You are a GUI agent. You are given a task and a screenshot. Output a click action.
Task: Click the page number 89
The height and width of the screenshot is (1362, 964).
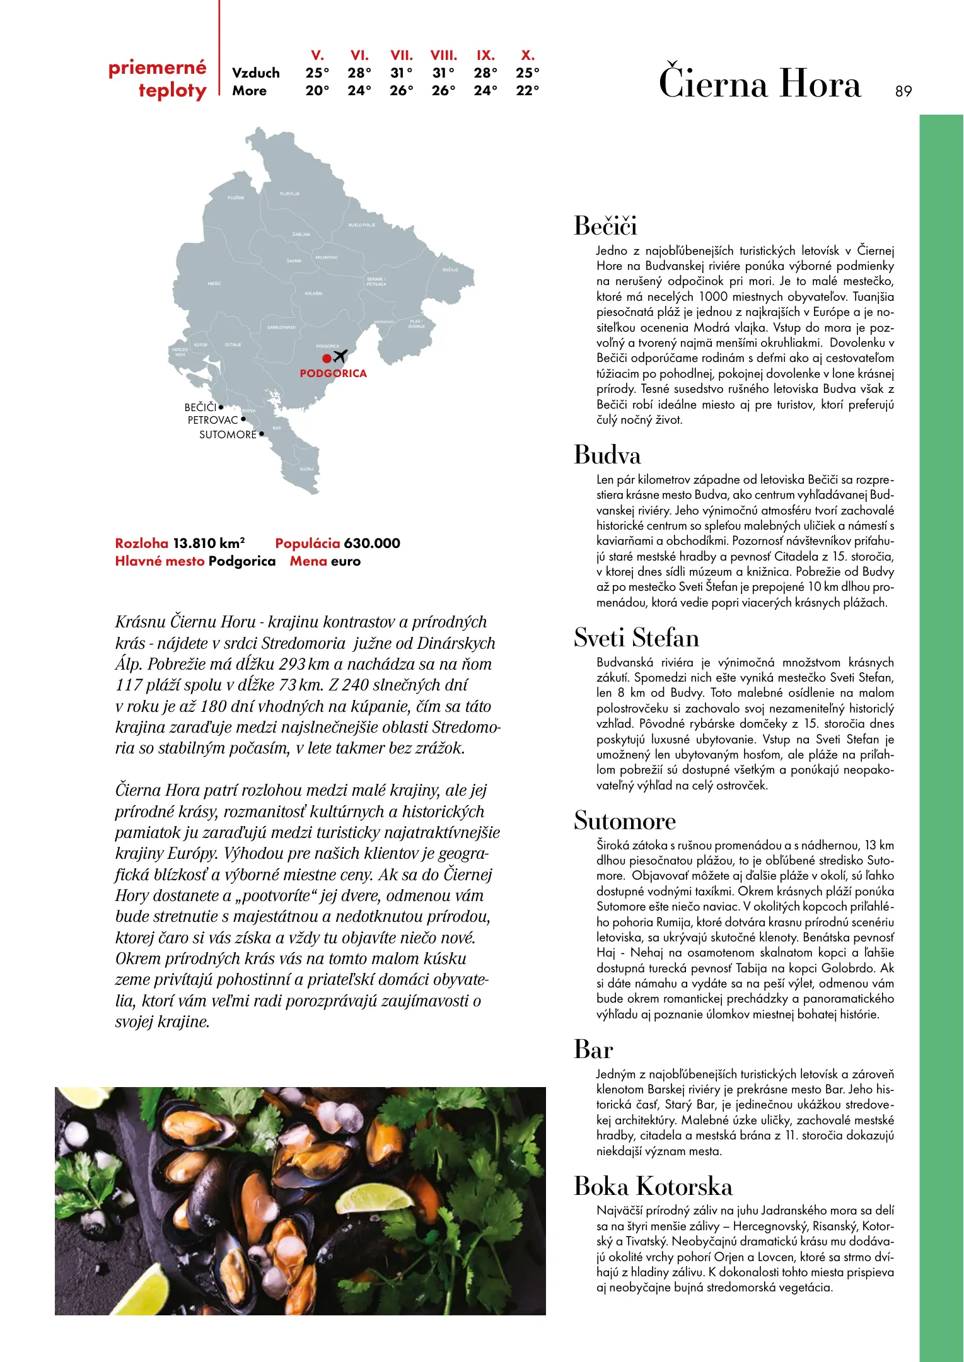coord(903,91)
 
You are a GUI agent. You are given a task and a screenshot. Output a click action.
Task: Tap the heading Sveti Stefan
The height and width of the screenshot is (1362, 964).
coord(636,638)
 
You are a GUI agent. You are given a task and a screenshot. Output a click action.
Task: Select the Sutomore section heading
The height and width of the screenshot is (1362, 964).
coord(624,821)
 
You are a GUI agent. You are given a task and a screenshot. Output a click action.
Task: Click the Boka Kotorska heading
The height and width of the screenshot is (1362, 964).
coord(653,1187)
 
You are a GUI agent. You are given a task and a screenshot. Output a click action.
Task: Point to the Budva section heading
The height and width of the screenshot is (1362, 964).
coord(607,455)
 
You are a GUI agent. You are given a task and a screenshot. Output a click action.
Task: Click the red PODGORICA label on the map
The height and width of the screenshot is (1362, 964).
coord(333,373)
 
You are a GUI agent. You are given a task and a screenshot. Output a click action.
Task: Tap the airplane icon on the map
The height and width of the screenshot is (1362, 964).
coord(340,356)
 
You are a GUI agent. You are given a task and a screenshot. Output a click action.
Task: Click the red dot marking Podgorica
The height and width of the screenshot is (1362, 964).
coord(327,358)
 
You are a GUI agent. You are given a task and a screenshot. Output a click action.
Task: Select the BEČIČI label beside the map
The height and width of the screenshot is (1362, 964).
coord(200,407)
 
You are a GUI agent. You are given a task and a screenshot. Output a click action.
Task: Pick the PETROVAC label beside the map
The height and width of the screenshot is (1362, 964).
coord(212,420)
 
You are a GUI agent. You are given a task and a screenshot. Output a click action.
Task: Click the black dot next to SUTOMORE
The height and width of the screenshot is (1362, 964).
coord(262,434)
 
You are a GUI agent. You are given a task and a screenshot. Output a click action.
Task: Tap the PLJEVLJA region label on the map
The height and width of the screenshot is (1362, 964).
coord(289,194)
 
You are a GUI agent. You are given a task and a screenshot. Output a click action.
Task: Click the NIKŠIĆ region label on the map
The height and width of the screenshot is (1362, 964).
coord(214,284)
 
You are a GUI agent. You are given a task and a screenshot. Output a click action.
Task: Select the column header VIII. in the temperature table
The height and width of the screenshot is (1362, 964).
coord(443,55)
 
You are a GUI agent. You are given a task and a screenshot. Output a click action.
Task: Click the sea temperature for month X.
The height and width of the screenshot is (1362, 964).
coord(527,91)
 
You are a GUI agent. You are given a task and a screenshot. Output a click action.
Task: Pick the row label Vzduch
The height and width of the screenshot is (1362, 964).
coord(255,73)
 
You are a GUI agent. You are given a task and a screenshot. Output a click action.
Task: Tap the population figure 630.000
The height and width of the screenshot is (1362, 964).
coord(372,543)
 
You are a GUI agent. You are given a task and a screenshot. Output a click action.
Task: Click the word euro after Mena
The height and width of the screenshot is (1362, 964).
coord(346,561)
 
